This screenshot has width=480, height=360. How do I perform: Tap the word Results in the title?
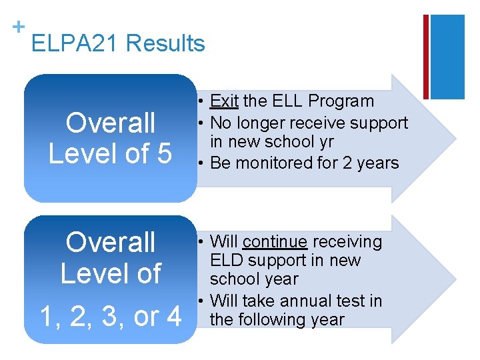tap(165, 44)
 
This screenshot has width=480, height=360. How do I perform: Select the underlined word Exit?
tap(224, 101)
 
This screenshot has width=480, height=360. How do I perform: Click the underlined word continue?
tap(275, 241)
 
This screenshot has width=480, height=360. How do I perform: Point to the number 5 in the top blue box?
tap(163, 153)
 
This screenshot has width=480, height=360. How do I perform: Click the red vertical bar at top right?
tap(426, 57)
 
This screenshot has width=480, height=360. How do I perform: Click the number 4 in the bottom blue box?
tap(173, 317)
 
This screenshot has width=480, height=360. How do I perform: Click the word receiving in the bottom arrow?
tap(346, 241)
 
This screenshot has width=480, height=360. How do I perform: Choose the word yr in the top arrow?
tap(325, 142)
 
